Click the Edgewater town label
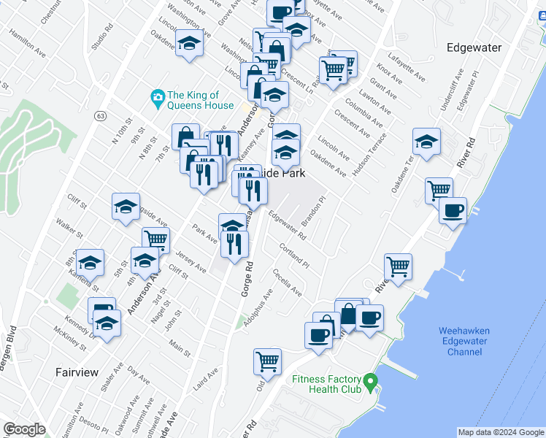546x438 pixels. (x=474, y=47)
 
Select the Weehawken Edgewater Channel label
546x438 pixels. (x=465, y=342)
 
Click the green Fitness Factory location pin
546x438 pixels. (x=370, y=380)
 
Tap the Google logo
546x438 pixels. (x=24, y=429)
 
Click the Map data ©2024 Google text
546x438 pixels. (x=500, y=432)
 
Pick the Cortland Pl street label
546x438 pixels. (x=294, y=256)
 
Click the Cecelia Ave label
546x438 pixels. (x=287, y=282)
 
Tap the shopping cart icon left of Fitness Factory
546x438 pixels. (x=268, y=360)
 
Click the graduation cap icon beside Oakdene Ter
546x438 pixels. (x=426, y=142)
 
